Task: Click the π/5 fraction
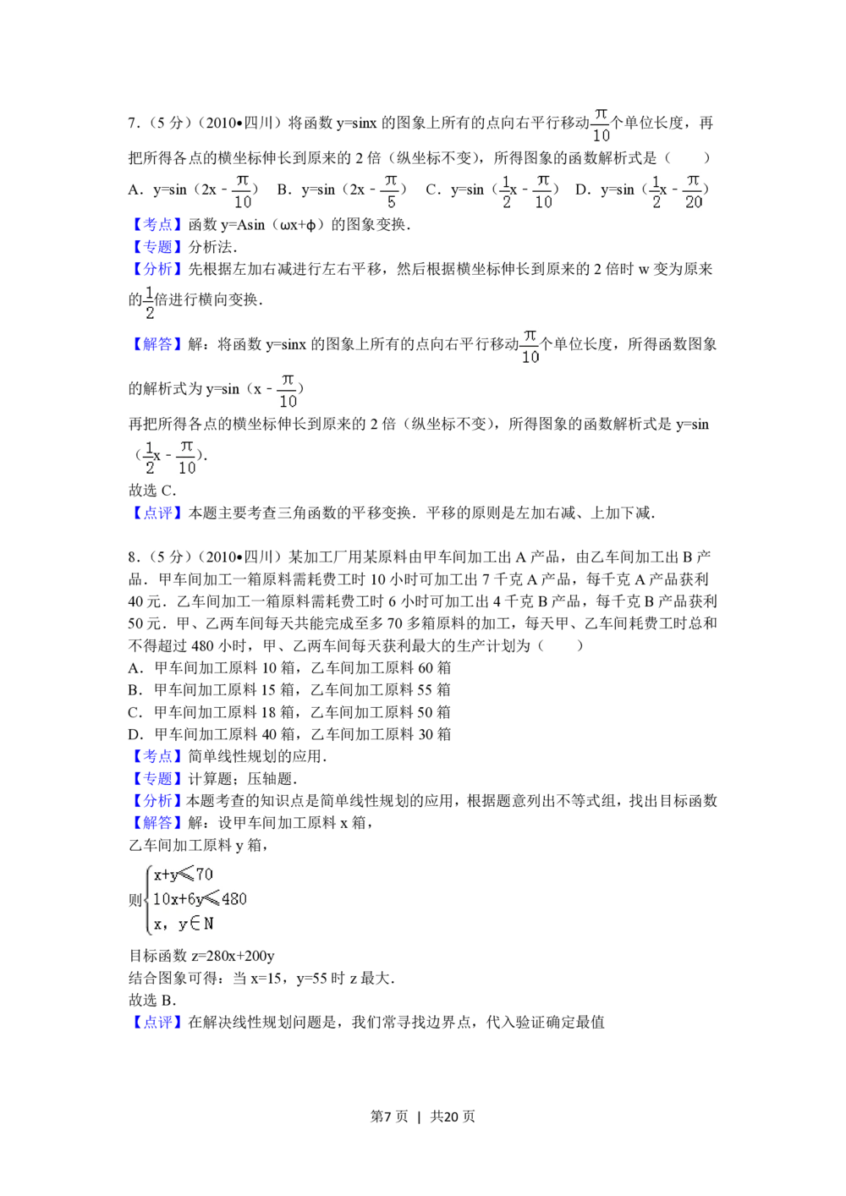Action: [x=389, y=193]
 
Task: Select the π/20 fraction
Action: [x=691, y=193]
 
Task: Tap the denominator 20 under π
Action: [x=694, y=203]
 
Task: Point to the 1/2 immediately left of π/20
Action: [x=653, y=193]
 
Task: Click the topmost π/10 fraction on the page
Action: [x=602, y=125]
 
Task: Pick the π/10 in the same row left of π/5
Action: [x=244, y=193]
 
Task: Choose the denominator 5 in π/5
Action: [x=390, y=203]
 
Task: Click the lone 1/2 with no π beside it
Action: [x=150, y=304]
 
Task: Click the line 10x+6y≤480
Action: [x=200, y=899]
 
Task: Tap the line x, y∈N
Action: [x=184, y=924]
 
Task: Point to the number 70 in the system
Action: [x=204, y=875]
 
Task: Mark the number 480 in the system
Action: [x=233, y=899]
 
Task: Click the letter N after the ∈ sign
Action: [x=208, y=924]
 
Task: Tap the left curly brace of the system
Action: [x=149, y=899]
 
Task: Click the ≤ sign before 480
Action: [x=212, y=899]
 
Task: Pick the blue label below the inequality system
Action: [x=157, y=1022]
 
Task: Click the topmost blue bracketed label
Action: [x=157, y=225]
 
